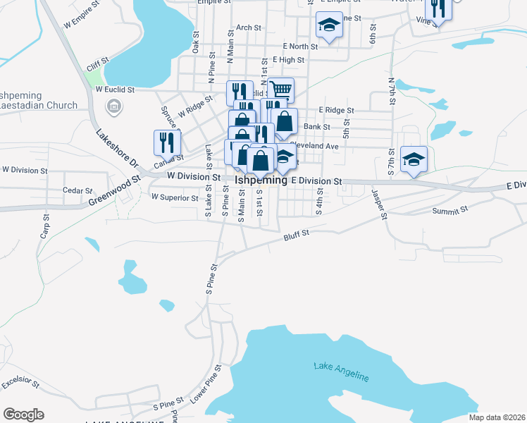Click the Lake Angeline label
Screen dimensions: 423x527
[341, 371]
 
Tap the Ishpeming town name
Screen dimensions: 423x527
[261, 180]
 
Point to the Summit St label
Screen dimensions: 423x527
[450, 210]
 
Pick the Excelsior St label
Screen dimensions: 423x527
[20, 385]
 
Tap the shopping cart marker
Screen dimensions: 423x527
[280, 90]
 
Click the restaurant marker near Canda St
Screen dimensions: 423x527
[163, 142]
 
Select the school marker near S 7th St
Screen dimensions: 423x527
[414, 158]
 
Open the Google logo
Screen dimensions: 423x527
[23, 415]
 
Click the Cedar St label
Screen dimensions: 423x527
[77, 190]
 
